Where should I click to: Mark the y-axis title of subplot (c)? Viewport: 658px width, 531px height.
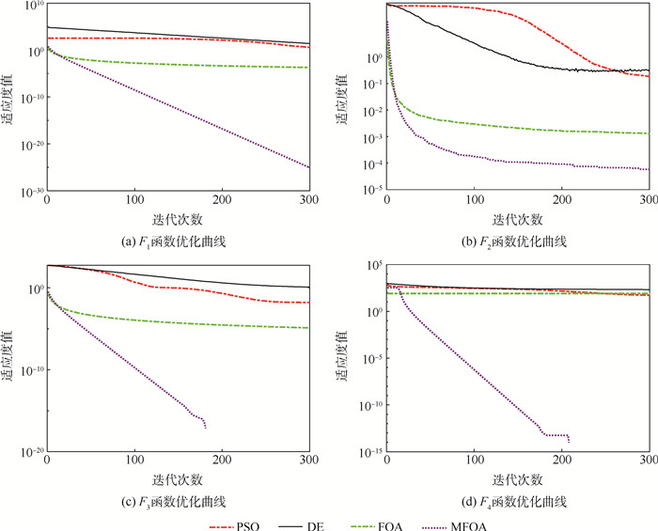(8, 357)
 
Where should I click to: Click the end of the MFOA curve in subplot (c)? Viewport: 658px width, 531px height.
(205, 429)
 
